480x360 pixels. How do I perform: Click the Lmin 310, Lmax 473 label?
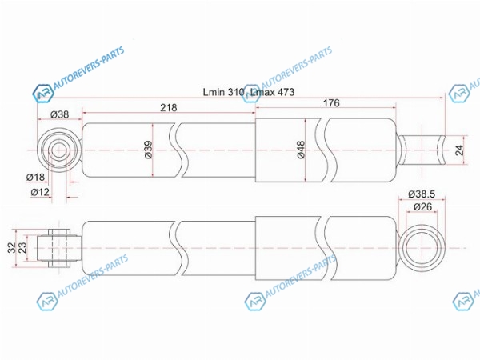pos(249,92)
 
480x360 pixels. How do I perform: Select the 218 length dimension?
pos(169,107)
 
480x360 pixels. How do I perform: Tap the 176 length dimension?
pos(331,103)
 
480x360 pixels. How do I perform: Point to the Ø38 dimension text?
pos(60,114)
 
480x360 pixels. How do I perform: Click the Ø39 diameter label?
pos(148,150)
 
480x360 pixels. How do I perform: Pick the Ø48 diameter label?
pos(301,150)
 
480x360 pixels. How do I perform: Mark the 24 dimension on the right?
pos(459,150)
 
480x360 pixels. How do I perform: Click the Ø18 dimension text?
pos(35,177)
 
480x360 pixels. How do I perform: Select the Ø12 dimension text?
pos(40,192)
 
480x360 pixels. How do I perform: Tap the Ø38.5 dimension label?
pos(422,194)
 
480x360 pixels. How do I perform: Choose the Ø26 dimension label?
pos(422,206)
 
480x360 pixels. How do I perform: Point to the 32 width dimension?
pos(11,248)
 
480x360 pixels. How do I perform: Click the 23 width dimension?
pos(22,248)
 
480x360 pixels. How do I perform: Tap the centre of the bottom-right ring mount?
pos(422,248)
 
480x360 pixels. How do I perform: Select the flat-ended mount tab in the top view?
pos(421,150)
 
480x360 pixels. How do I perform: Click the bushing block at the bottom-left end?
pos(59,248)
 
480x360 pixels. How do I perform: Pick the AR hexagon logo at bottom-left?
pos(47,302)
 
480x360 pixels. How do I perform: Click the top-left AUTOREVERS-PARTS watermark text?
pos(89,68)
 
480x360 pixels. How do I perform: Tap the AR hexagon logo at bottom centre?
pos(255,302)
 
